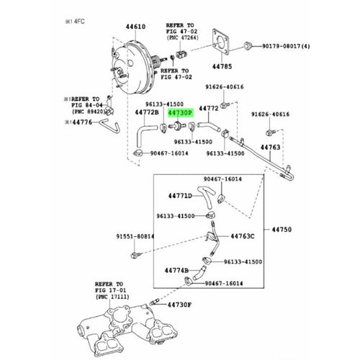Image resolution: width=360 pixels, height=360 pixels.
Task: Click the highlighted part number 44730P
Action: pyautogui.click(x=180, y=113)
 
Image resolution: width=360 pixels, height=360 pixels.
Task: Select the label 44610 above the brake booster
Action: pyautogui.click(x=135, y=27)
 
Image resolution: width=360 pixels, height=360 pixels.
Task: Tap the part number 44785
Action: pyautogui.click(x=222, y=66)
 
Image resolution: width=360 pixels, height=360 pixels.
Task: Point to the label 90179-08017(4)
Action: pyautogui.click(x=286, y=46)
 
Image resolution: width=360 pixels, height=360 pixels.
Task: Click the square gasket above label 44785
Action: pyautogui.click(x=221, y=41)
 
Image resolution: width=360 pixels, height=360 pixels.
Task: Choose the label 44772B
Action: pyautogui.click(x=147, y=112)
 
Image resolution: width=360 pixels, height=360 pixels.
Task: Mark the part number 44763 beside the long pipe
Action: pyautogui.click(x=271, y=147)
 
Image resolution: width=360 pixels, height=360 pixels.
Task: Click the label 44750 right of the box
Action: pyautogui.click(x=282, y=230)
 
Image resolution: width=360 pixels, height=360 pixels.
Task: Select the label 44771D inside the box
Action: pyautogui.click(x=180, y=196)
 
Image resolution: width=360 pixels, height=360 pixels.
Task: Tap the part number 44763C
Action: pyautogui.click(x=243, y=236)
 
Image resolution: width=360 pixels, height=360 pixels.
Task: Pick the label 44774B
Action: pyautogui.click(x=176, y=271)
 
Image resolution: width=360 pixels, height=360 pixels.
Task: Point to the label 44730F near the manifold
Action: pyautogui.click(x=179, y=305)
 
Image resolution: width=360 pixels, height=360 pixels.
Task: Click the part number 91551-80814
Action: pyautogui.click(x=135, y=236)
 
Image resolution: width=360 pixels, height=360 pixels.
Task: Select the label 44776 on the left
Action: pyautogui.click(x=82, y=122)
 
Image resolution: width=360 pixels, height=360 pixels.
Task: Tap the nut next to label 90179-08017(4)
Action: pyautogui.click(x=248, y=45)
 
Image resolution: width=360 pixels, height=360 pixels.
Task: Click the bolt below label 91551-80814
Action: pyautogui.click(x=135, y=255)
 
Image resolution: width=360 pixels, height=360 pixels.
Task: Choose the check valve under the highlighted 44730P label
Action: pyautogui.click(x=177, y=125)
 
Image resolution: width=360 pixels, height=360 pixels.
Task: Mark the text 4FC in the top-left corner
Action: pyautogui.click(x=79, y=22)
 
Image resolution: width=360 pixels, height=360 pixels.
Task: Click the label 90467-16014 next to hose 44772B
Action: pyautogui.click(x=169, y=153)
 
